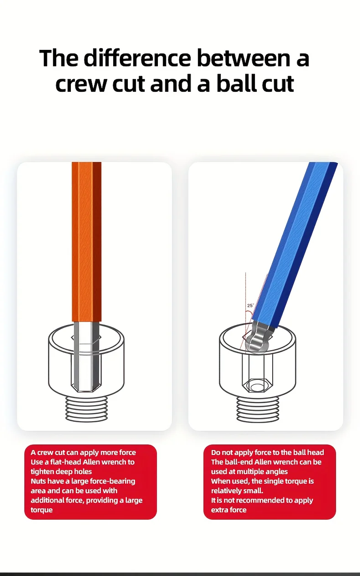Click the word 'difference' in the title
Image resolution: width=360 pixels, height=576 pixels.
click(x=137, y=58)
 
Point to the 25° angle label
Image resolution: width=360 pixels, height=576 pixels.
click(x=250, y=306)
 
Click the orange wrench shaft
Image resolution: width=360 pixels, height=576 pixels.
click(x=86, y=242)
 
